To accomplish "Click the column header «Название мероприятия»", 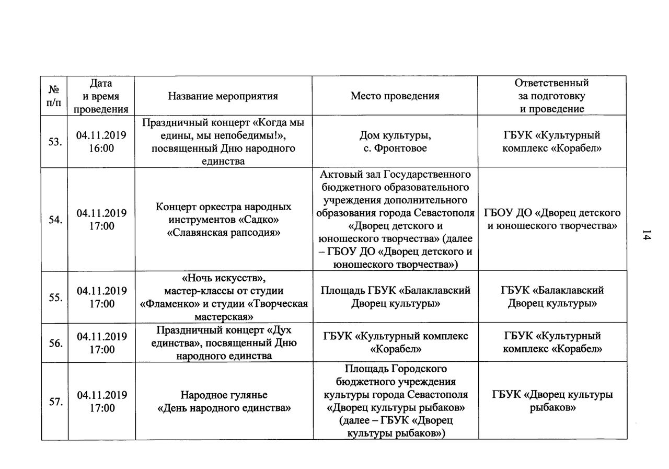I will click(x=223, y=96).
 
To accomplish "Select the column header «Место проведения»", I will click(x=395, y=96).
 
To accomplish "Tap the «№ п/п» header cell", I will click(x=54, y=96).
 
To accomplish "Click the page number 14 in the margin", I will click(x=647, y=236).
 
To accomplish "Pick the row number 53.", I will click(x=54, y=142).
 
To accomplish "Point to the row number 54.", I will click(x=54, y=220).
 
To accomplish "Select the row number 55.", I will click(x=54, y=297).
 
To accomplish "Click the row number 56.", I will click(x=54, y=343).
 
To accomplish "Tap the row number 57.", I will click(x=54, y=401).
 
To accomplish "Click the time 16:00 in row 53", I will click(x=101, y=148).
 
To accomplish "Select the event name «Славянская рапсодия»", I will click(x=223, y=233).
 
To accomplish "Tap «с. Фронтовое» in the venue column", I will click(x=395, y=148).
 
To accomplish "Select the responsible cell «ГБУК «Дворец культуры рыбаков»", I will click(x=552, y=401).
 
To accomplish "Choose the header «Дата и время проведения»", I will click(x=101, y=96).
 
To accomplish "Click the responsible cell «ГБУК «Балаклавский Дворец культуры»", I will click(x=552, y=296).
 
